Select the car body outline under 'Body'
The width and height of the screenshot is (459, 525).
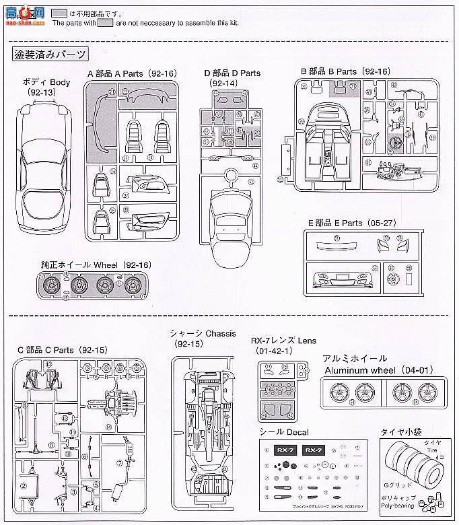coord(44,172)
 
